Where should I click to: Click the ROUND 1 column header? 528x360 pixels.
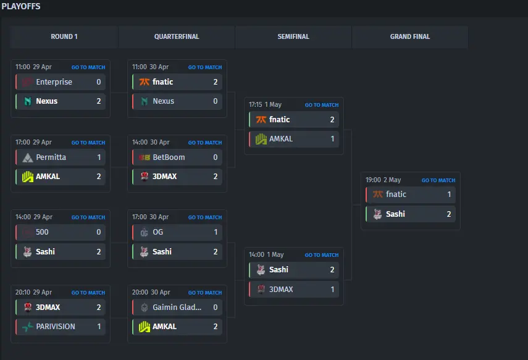(x=64, y=36)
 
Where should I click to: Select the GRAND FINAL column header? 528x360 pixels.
(x=410, y=36)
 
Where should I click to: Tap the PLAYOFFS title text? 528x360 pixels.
(x=21, y=6)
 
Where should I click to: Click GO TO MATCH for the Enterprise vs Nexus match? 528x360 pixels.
(x=88, y=67)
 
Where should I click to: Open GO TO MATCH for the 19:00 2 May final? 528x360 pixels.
(x=438, y=180)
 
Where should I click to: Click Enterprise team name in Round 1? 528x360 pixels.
(x=54, y=82)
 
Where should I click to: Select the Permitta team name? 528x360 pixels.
(x=51, y=157)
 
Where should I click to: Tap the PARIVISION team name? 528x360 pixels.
(x=56, y=326)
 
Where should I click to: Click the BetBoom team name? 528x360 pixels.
(x=169, y=157)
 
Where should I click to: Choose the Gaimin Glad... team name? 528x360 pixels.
(x=177, y=307)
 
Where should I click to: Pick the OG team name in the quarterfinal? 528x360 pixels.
(x=157, y=232)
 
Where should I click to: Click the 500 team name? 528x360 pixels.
(x=42, y=232)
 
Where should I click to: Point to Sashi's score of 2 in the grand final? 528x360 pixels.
(x=449, y=214)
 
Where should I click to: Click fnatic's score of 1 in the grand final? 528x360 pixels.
(x=449, y=195)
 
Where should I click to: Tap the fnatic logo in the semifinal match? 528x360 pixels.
(x=261, y=120)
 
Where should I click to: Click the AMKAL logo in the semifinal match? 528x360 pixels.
(x=261, y=139)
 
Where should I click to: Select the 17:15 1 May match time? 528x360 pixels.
(x=265, y=105)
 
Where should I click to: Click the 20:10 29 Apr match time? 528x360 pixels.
(x=33, y=292)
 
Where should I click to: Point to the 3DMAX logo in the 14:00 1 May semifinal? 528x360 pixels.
(x=261, y=289)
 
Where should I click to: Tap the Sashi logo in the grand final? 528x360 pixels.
(x=377, y=214)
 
